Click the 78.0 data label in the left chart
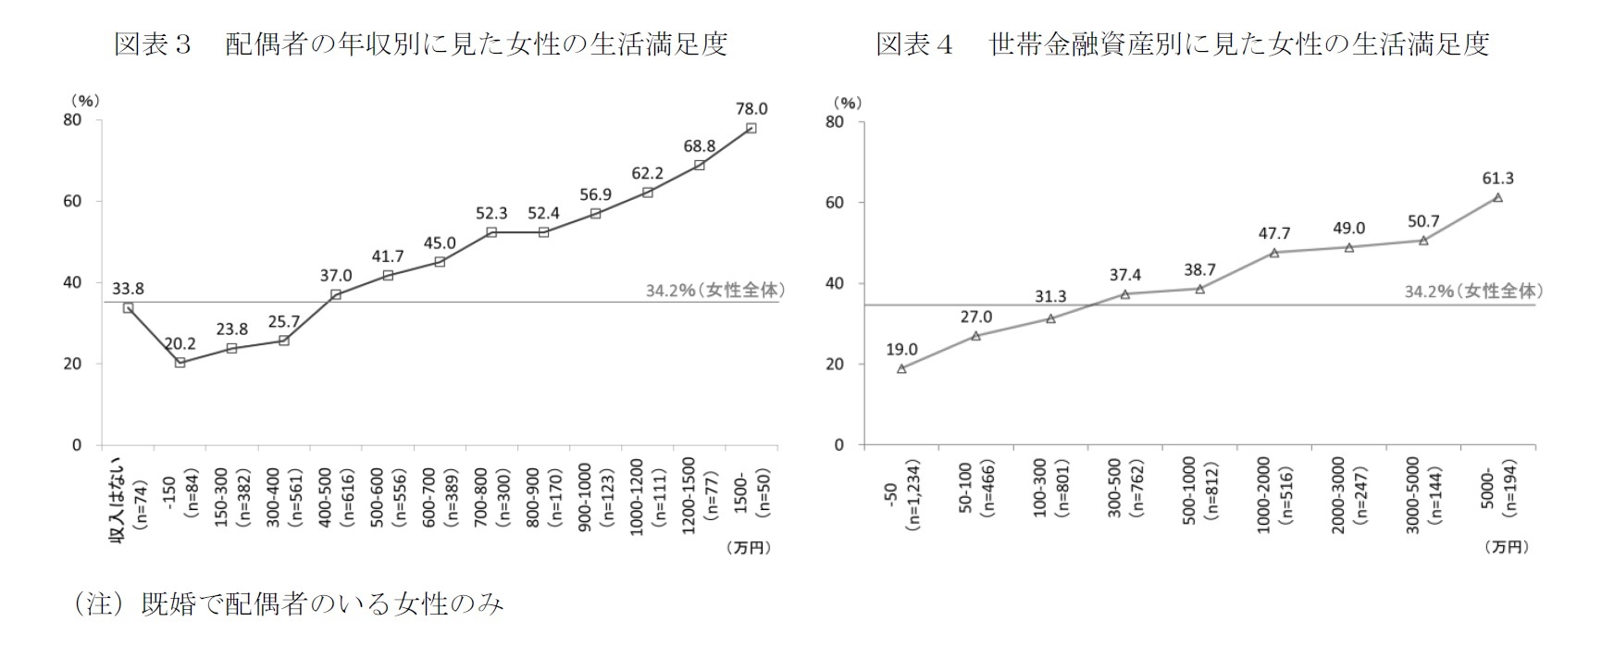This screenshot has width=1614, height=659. point(751,109)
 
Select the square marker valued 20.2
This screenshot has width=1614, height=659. point(180,362)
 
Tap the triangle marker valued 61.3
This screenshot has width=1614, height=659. point(1497,198)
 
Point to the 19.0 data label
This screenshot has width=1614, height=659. point(901,349)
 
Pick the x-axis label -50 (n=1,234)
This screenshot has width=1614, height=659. point(902,505)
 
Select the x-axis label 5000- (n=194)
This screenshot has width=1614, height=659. point(1498,500)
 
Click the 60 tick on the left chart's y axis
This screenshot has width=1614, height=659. point(72,201)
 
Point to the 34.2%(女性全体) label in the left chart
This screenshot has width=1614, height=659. point(711,290)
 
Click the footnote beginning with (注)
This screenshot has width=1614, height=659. point(288,605)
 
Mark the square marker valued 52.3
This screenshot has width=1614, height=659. point(491,231)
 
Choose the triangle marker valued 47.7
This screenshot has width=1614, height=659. point(1274,253)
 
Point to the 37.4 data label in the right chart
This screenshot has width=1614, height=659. point(1125,274)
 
